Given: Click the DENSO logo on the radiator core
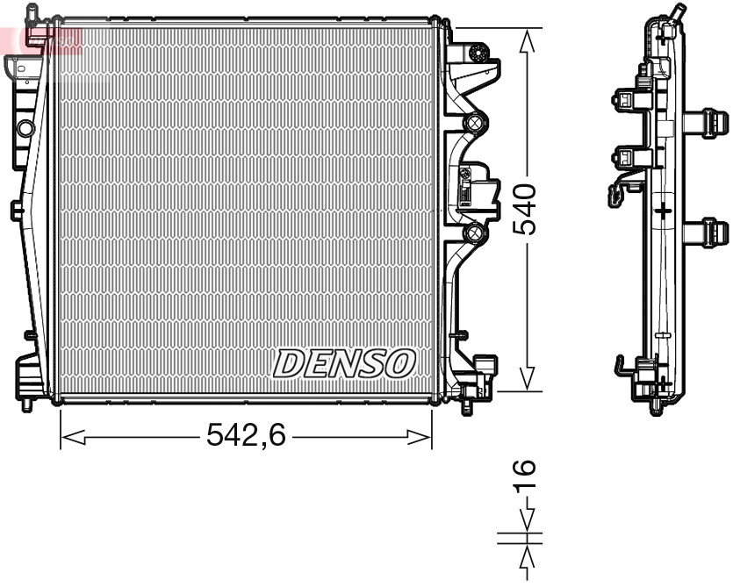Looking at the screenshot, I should coord(344,362).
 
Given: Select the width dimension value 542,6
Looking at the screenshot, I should coord(246,434).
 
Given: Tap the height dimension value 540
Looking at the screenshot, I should coord(525,209).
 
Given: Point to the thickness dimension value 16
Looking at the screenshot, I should coord(525,475).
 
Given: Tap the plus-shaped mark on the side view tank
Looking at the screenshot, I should coord(665,210).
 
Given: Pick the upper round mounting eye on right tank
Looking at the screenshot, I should coord(475,123).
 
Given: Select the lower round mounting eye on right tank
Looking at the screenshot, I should coord(475,233).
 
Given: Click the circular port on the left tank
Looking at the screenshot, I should coord(25,129).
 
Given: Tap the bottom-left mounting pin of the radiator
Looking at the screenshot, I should coord(27,404).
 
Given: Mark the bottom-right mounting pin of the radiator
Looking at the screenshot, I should coord(468,408).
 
